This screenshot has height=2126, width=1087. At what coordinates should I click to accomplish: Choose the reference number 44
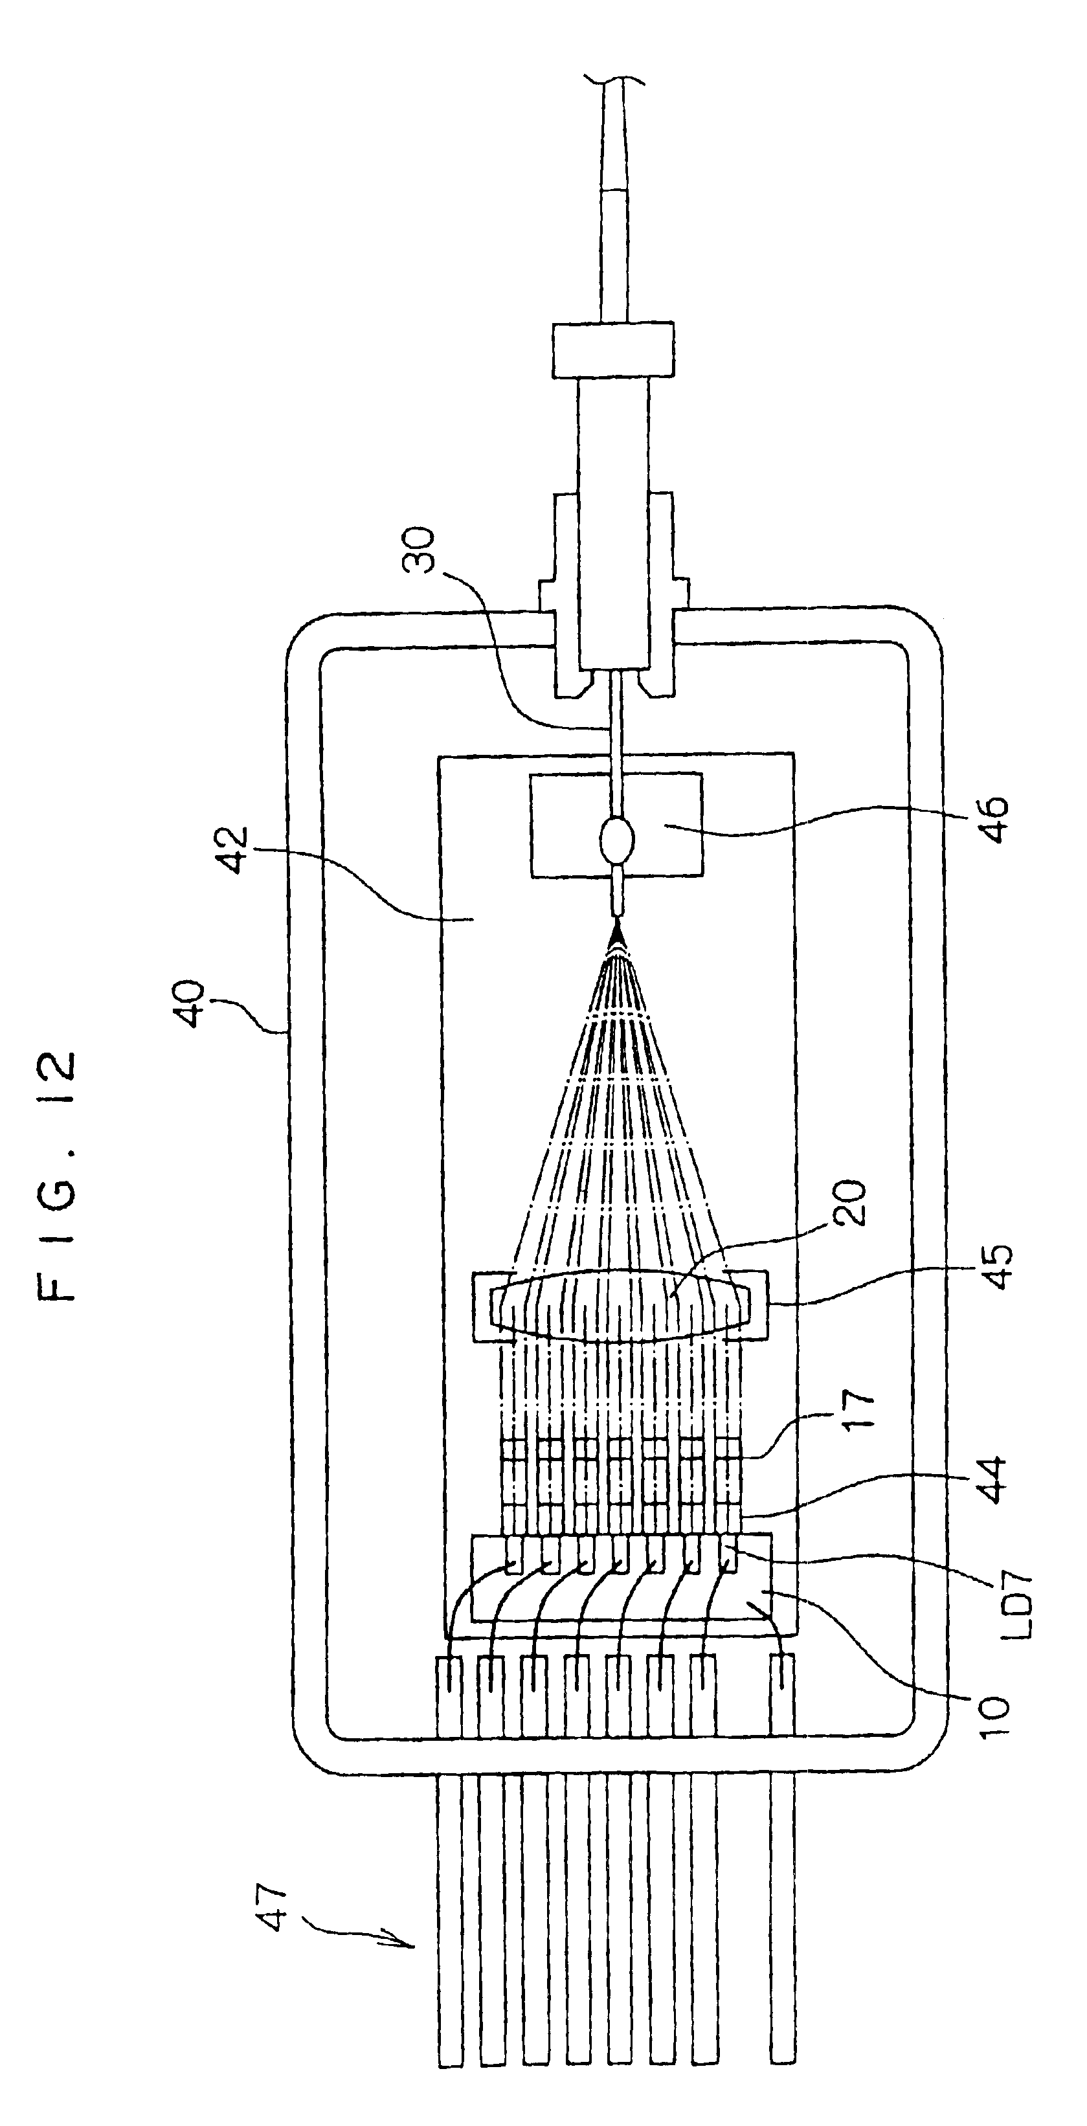tap(990, 1481)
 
